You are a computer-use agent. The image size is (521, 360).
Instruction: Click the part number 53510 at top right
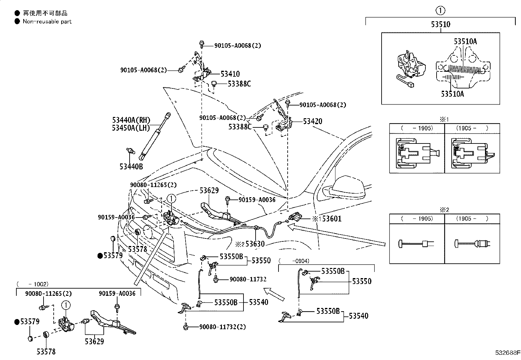click(x=440, y=24)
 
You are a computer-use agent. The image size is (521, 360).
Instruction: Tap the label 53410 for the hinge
click(x=230, y=74)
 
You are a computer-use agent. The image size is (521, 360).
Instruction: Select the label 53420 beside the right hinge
click(x=313, y=121)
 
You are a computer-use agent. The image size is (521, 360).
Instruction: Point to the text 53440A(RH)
click(x=131, y=120)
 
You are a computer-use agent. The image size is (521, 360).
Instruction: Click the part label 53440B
click(x=131, y=166)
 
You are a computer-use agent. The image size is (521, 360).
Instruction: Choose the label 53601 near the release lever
click(x=332, y=219)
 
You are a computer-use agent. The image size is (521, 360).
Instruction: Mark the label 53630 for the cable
click(x=255, y=244)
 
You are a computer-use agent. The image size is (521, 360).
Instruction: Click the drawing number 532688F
click(x=508, y=352)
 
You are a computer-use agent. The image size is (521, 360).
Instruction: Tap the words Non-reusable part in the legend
click(x=47, y=21)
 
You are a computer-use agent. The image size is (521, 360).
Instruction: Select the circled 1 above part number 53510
click(x=440, y=10)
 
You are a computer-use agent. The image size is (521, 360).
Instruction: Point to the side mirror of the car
click(x=347, y=187)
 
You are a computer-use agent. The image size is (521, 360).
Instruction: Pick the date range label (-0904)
click(x=294, y=261)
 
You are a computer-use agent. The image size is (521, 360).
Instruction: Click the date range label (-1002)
click(x=33, y=284)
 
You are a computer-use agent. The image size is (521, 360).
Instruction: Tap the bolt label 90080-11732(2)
click(x=223, y=327)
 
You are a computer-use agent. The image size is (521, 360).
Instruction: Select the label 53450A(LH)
click(x=131, y=128)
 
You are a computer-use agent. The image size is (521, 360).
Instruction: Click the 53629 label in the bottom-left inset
click(x=94, y=341)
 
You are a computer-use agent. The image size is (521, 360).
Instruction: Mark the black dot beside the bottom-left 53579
click(x=17, y=322)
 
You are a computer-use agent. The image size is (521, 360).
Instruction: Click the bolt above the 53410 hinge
click(x=202, y=44)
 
